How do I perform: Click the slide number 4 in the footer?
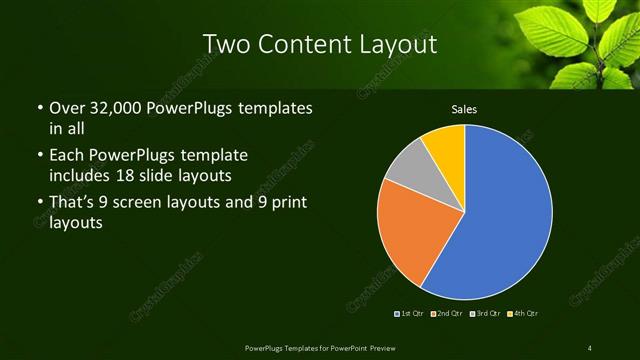(x=590, y=347)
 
